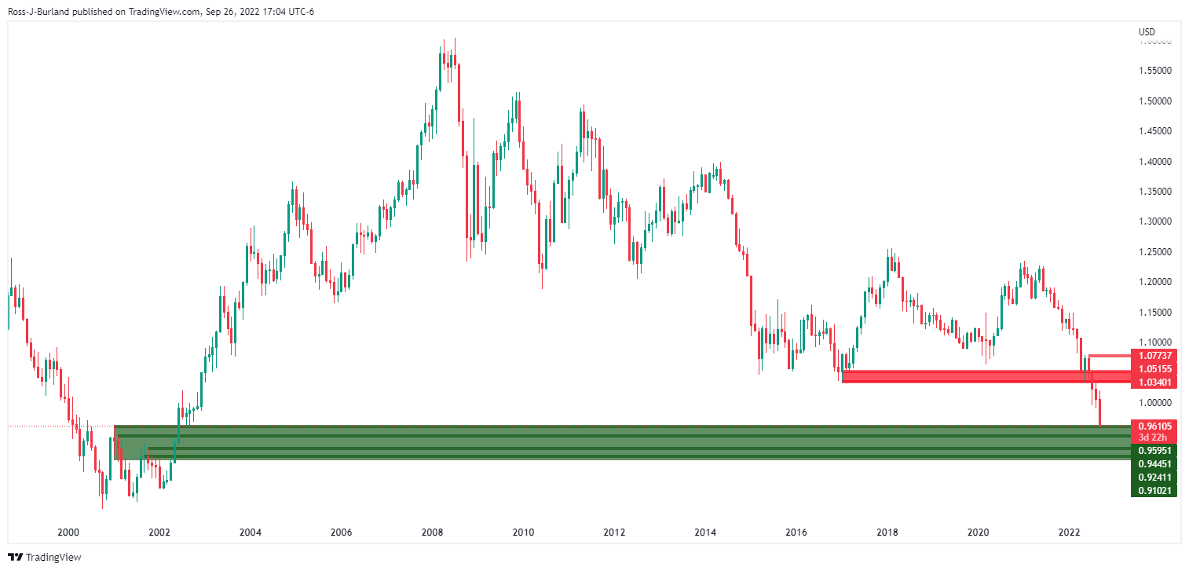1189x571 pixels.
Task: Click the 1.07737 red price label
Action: pos(1152,356)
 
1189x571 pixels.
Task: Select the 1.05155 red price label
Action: pos(1152,369)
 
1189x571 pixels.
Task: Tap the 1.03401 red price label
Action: pos(1152,382)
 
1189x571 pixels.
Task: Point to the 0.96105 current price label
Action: pos(1152,426)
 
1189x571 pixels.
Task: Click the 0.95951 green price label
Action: pos(1152,452)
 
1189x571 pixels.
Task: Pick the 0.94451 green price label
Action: pos(1152,464)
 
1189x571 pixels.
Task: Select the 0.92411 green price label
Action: pos(1152,478)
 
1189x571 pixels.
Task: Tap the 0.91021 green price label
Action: pos(1152,491)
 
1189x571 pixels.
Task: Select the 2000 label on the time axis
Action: pos(68,533)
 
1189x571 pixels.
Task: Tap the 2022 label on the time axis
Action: pos(1069,533)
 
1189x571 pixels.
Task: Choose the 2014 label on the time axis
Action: pos(705,533)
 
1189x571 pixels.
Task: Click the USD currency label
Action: pos(1147,31)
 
